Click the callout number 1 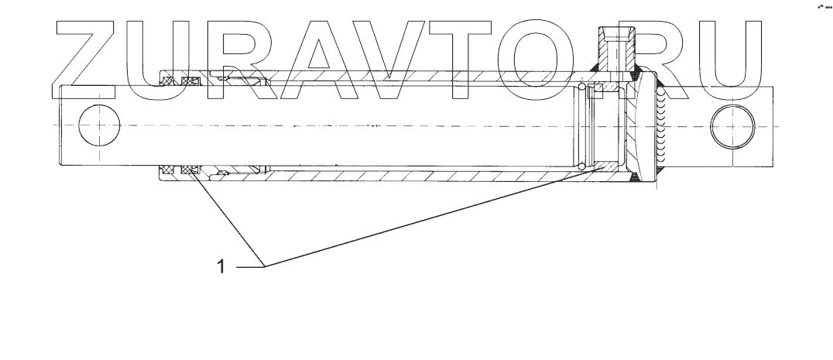pyautogui.click(x=221, y=266)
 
